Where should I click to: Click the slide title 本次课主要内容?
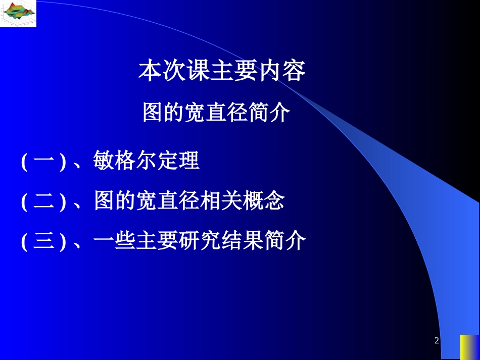222,71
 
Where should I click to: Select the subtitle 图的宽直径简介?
216,113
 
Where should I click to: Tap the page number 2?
437,341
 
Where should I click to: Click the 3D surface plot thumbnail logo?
18,14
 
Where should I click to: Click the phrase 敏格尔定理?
147,162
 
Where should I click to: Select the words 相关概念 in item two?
242,201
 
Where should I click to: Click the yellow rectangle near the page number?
469,347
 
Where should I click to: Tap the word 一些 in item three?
115,241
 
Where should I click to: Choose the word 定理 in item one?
178,162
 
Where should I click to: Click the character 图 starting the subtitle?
152,113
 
